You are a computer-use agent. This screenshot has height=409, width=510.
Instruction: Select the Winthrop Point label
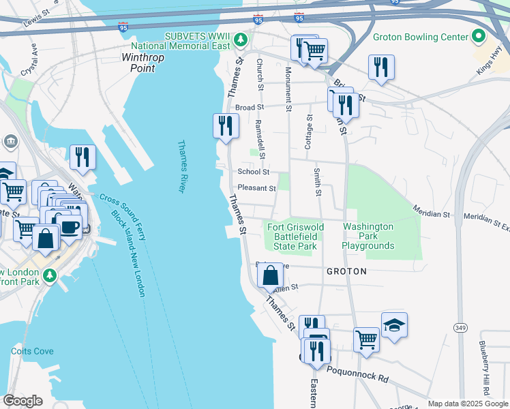[142, 63]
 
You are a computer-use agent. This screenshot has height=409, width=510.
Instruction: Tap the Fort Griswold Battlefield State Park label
[292, 237]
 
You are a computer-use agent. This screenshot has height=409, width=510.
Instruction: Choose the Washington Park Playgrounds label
[368, 236]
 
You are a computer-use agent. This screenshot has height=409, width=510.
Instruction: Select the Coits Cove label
[32, 351]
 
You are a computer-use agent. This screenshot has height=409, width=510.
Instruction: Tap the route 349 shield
[461, 328]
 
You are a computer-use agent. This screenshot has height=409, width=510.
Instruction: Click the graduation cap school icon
[394, 325]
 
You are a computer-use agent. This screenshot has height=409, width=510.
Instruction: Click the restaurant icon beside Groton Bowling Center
[380, 67]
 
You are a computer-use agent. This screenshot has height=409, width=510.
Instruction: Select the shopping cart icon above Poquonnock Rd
[367, 339]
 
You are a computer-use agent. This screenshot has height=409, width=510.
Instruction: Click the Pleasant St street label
[256, 189]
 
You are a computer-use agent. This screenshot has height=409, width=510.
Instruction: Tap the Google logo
[22, 400]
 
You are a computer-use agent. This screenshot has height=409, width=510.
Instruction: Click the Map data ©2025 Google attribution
[466, 404]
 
